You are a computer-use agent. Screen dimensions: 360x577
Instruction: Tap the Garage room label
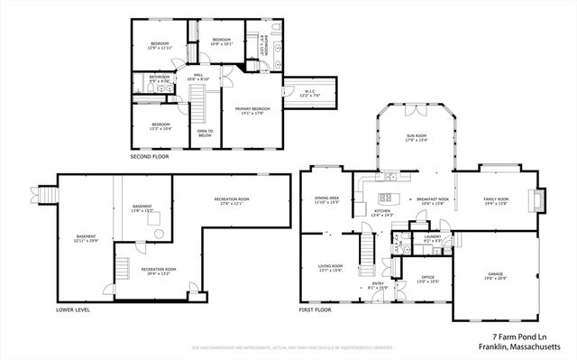tap(494, 276)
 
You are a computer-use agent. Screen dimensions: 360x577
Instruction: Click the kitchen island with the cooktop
tap(390, 198)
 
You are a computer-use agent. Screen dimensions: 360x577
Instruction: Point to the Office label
tap(428, 279)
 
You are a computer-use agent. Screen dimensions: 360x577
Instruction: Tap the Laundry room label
tap(431, 239)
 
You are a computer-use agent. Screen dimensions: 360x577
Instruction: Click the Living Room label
tap(331, 268)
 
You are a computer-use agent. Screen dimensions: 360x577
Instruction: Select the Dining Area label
tap(326, 200)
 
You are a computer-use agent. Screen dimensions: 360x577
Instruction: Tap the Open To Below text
tap(206, 133)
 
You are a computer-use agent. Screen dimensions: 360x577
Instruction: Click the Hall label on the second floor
tap(198, 78)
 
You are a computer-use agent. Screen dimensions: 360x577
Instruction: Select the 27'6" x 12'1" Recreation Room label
tap(232, 200)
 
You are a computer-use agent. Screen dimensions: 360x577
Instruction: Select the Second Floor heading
tap(149, 157)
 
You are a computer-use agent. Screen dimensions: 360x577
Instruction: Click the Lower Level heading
tap(74, 309)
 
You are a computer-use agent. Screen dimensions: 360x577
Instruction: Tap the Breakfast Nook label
tap(434, 200)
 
